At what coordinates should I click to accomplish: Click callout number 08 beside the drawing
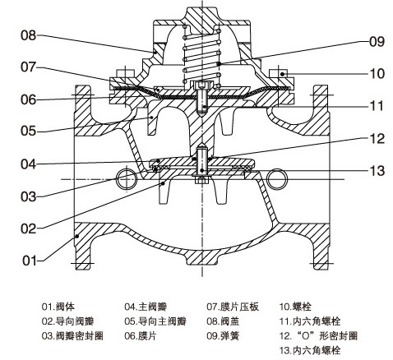30,35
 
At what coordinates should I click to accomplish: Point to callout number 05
30,130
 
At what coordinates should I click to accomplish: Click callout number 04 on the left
30,164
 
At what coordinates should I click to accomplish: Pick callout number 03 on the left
30,196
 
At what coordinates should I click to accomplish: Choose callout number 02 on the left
30,228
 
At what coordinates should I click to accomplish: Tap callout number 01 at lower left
30,261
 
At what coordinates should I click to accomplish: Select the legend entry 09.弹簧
223,336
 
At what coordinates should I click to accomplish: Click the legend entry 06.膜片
141,336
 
